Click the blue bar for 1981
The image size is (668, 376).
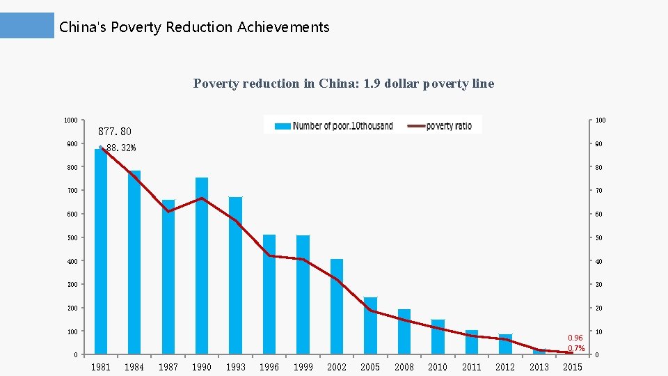point(101,251)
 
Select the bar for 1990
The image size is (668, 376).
point(202,265)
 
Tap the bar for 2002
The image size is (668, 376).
point(337,306)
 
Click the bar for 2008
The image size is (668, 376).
point(404,331)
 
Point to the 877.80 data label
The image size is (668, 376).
point(115,131)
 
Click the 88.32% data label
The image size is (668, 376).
point(121,148)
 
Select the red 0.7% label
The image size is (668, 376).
point(576,348)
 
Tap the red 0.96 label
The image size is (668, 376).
point(575,338)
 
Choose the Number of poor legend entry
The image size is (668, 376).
point(334,125)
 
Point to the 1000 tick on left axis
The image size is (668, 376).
point(70,120)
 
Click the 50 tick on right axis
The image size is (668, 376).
point(599,238)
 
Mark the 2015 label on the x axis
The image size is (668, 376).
point(573,367)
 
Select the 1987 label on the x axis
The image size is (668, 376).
point(168,367)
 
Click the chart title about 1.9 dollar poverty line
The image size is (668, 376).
point(344,84)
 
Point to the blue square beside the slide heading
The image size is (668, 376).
point(27,25)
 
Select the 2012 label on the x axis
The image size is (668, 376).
point(505,367)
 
